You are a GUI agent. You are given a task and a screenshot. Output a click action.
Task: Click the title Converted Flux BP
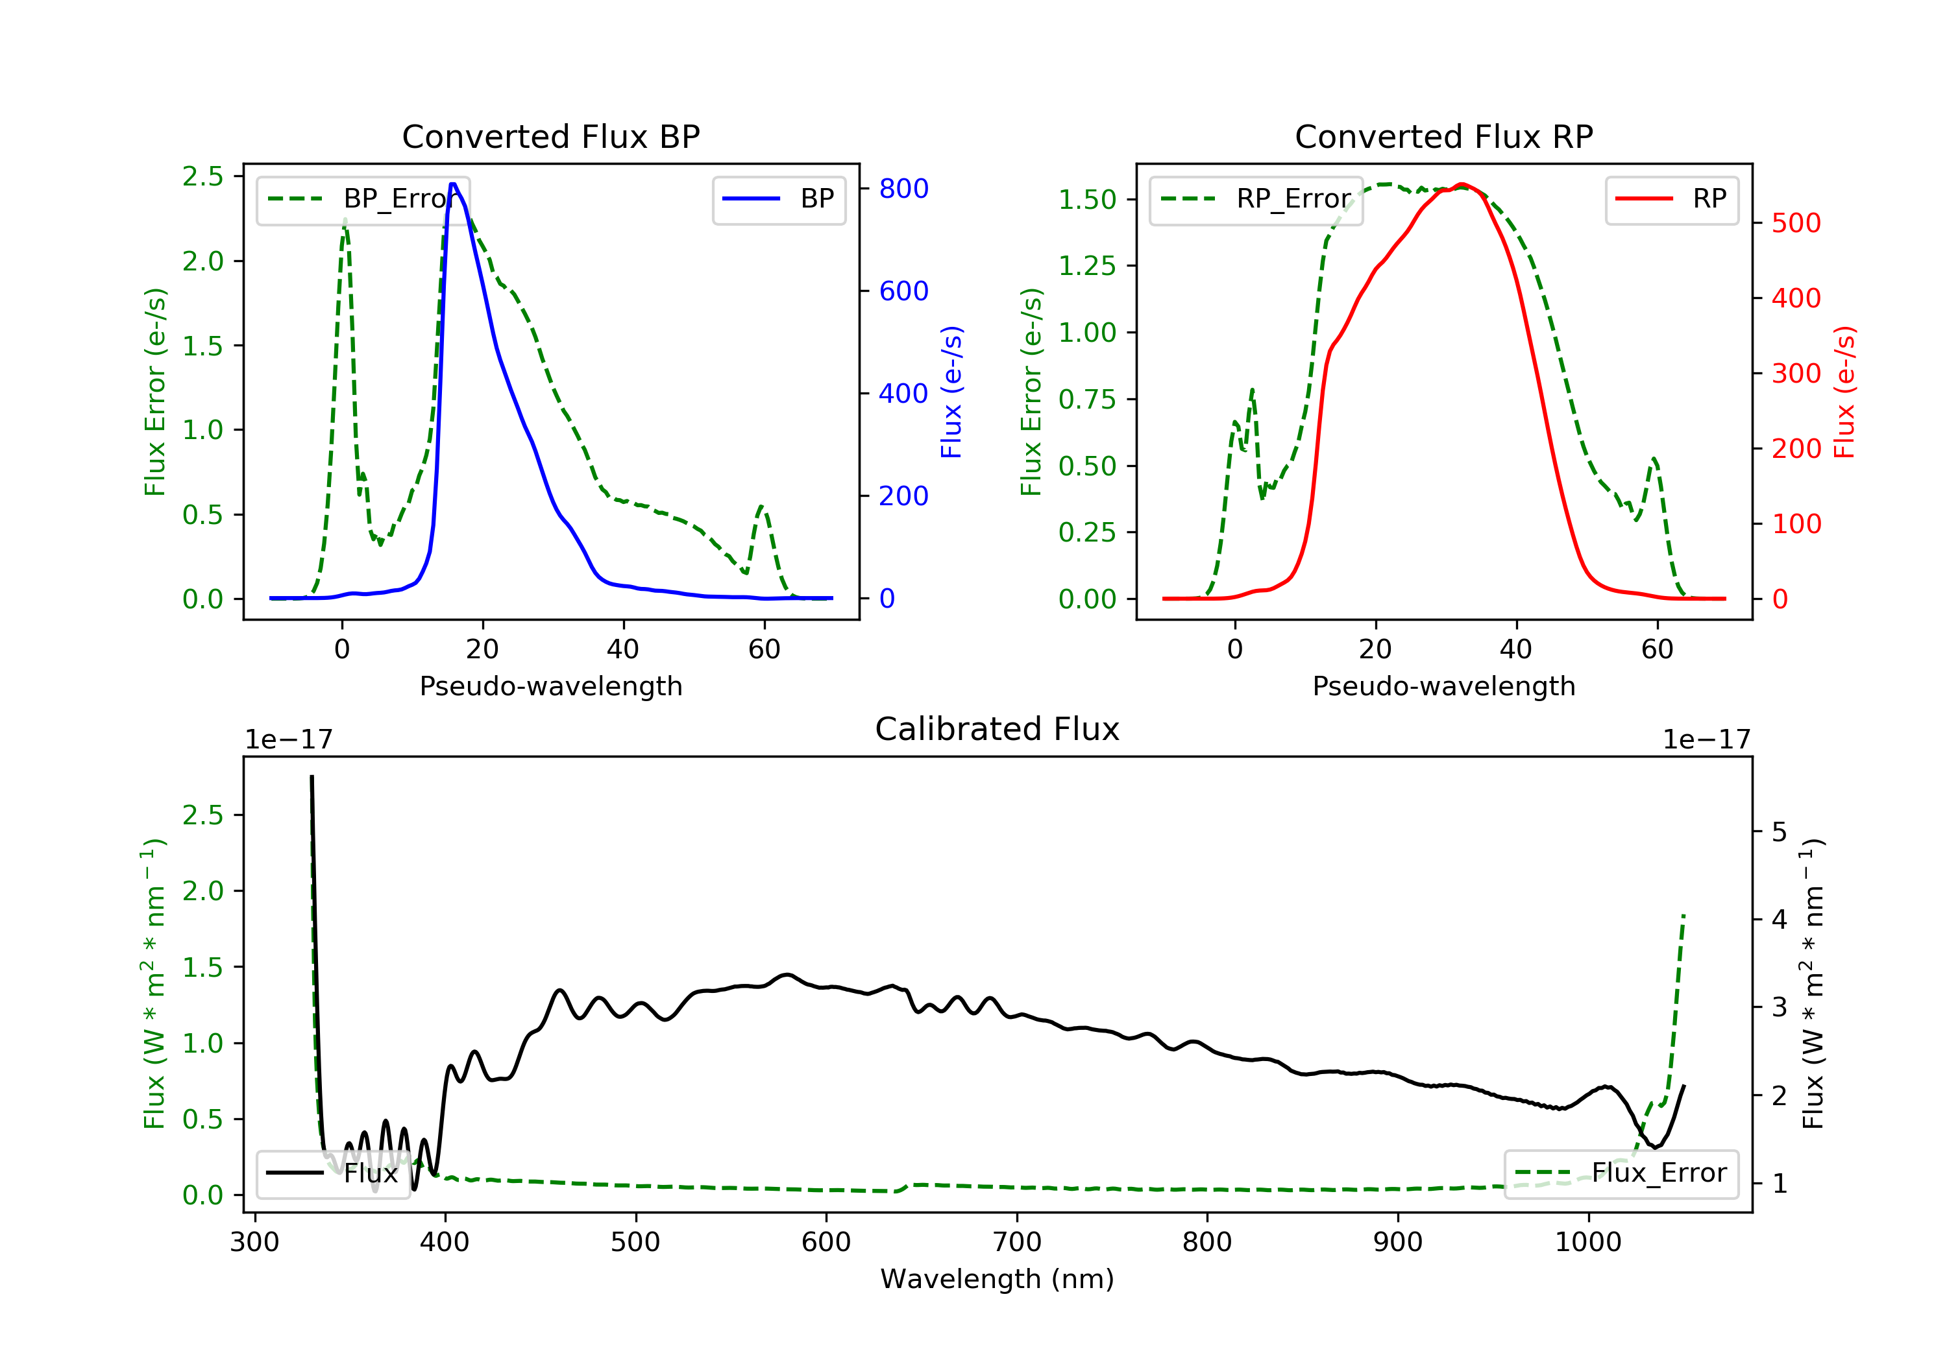click(x=550, y=136)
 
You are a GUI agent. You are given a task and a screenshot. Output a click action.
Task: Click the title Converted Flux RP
click(x=1443, y=136)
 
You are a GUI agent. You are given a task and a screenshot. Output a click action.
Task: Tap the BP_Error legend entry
click(x=363, y=199)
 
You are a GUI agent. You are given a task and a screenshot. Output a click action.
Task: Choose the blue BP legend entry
click(x=778, y=199)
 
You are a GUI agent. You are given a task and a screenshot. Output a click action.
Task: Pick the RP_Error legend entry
click(x=1256, y=199)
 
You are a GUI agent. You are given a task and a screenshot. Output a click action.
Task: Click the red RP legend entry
click(x=1671, y=199)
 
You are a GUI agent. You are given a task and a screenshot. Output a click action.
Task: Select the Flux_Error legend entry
click(x=1621, y=1173)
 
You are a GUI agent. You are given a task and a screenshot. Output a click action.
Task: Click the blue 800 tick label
click(x=903, y=188)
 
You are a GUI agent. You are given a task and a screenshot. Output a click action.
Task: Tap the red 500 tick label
click(x=1796, y=223)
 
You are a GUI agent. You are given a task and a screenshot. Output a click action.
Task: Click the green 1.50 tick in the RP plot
click(x=1087, y=199)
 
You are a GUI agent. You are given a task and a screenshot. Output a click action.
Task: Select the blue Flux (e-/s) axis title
click(x=951, y=392)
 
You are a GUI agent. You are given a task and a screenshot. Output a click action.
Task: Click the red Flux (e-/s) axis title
click(x=1844, y=392)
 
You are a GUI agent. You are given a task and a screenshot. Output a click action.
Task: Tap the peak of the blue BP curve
click(x=454, y=184)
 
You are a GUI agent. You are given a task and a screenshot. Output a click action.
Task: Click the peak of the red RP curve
click(x=1462, y=184)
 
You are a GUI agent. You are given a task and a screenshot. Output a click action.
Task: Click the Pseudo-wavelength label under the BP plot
click(x=550, y=686)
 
